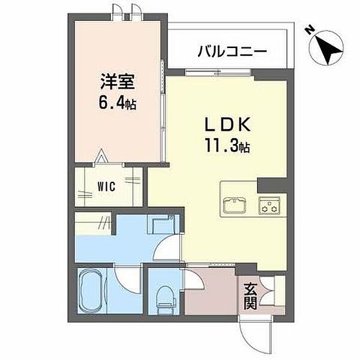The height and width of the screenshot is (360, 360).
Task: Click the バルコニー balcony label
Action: pos(232,51)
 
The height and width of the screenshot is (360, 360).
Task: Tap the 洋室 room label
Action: pos(118,82)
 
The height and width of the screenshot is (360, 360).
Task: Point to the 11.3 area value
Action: pos(222,146)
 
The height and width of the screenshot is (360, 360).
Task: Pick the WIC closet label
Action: pos(106,187)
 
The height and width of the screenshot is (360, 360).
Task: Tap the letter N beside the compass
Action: pos(310,30)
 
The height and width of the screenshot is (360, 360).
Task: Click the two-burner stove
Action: pos(269,205)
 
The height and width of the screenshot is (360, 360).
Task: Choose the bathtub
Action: pos(91,290)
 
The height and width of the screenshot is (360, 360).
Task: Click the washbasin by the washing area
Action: pos(163,224)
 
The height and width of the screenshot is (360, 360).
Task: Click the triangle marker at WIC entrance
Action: pos(101,156)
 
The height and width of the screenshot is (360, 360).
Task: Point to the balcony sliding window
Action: pos(218,73)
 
